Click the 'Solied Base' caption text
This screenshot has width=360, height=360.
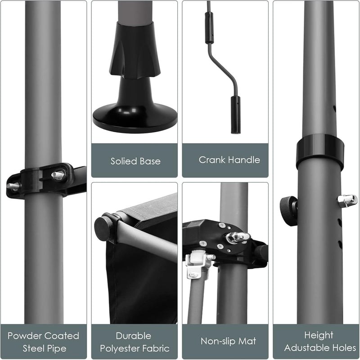[135, 161]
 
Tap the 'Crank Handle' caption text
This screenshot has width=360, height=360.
[229, 160]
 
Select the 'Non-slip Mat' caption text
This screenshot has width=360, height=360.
[228, 341]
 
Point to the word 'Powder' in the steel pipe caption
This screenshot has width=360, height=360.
[22, 336]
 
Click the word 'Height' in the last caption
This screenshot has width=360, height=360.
[319, 335]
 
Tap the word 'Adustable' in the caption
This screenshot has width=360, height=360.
[304, 348]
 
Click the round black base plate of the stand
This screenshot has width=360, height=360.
[135, 119]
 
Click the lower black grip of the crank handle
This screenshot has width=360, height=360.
[236, 115]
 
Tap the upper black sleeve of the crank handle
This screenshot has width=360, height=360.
[209, 28]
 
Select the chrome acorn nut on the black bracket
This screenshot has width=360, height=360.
[238, 237]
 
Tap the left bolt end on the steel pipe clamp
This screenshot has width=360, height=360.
[13, 186]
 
